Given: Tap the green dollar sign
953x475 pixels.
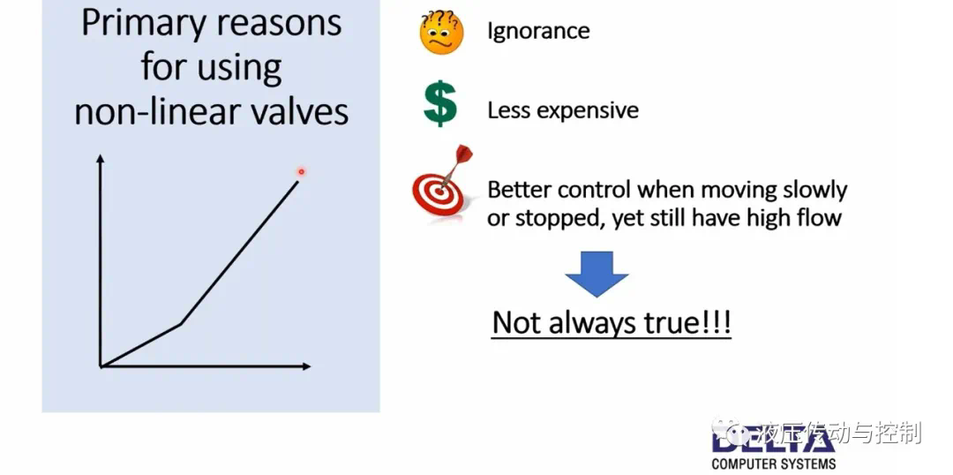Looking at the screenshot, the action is pos(440,106).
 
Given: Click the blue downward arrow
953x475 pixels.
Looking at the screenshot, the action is pos(597,274).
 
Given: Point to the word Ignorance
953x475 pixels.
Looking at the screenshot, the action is pos(538,31).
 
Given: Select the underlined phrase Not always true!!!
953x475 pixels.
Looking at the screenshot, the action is pos(612,322).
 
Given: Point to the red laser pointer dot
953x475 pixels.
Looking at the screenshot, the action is pos(301,172).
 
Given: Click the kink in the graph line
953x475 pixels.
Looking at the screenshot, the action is pos(181,323).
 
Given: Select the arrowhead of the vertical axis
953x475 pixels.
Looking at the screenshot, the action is pos(101,159).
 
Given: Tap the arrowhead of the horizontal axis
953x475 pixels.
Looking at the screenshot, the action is pos(306,366).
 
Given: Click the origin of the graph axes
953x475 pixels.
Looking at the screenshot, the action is pos(101,366).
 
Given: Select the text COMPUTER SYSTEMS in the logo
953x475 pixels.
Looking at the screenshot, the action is pos(773,464).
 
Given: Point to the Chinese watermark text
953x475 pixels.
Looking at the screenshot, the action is pos(818,433).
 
